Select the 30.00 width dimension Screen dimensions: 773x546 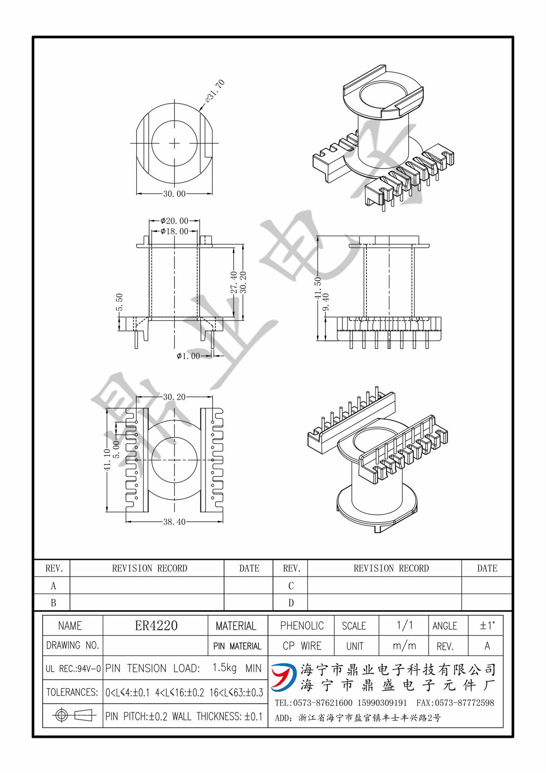(174, 194)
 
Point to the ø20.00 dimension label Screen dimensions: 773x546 (174, 221)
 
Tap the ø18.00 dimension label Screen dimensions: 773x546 (174, 231)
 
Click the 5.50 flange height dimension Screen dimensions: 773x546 (119, 302)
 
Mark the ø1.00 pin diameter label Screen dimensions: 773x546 (188, 356)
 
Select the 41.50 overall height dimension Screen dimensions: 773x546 (318, 288)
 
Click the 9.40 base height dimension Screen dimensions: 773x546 (326, 302)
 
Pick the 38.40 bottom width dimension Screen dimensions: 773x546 (174, 522)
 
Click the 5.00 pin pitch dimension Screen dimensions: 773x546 (116, 449)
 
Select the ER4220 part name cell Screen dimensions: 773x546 (156, 625)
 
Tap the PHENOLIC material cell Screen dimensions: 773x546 (302, 626)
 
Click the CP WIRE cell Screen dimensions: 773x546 (302, 646)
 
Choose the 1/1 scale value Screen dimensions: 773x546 (404, 625)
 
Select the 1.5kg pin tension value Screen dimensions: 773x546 (224, 668)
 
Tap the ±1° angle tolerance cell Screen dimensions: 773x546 (487, 626)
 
